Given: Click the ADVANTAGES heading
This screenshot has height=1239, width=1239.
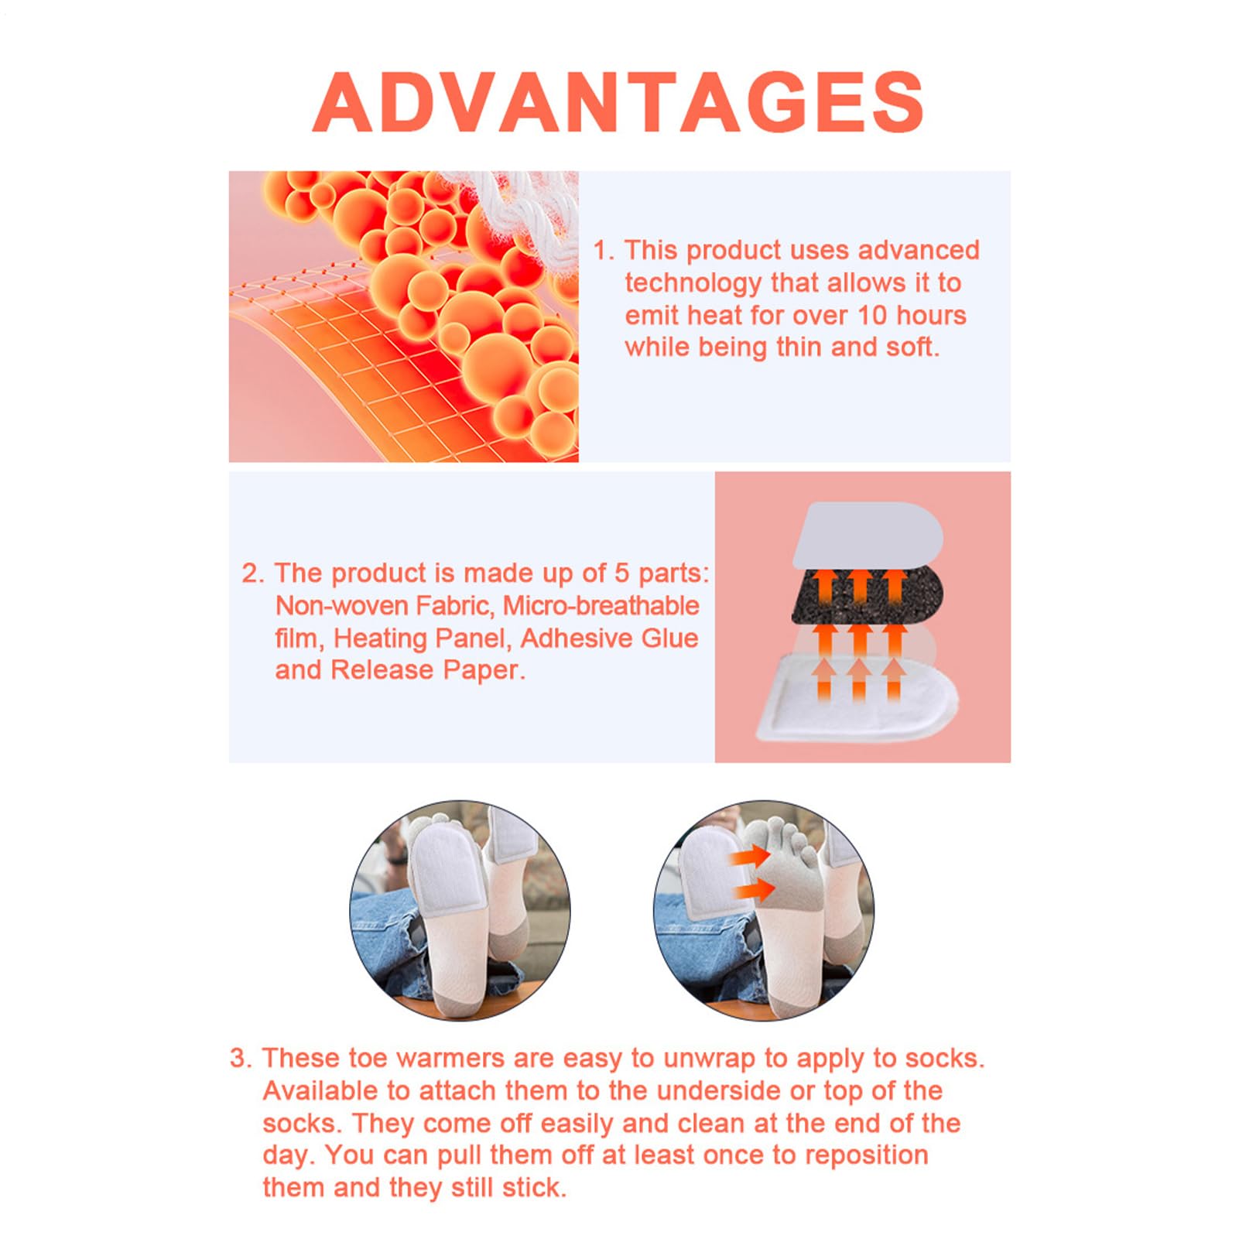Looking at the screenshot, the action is [618, 101].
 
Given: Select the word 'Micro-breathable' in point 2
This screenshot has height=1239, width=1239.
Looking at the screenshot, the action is [601, 605].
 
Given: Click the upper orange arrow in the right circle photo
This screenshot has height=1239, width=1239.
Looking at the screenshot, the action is [750, 856].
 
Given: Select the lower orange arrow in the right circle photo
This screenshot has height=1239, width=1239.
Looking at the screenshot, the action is [754, 890].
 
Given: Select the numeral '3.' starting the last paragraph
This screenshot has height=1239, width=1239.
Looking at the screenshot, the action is [241, 1058].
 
